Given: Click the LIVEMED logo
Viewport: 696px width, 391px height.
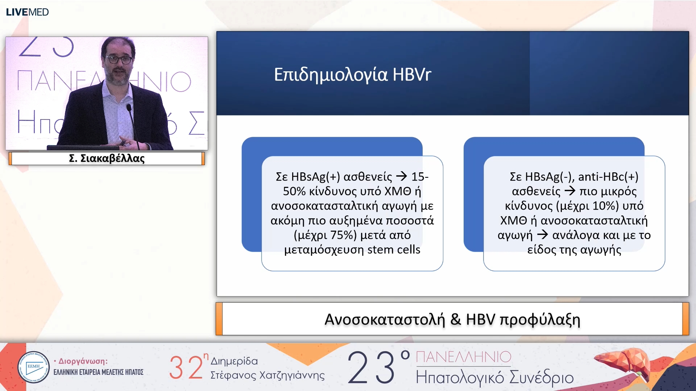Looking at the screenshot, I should click(27, 12).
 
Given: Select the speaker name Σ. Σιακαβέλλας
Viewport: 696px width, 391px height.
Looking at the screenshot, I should click(107, 158).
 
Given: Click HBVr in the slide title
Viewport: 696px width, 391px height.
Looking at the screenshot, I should click(412, 75).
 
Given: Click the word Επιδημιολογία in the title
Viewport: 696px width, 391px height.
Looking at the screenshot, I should click(331, 75).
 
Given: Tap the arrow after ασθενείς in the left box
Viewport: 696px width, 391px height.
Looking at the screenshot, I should click(401, 176).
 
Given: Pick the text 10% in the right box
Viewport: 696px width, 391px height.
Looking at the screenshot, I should click(605, 206).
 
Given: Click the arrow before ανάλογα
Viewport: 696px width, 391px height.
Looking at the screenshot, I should click(542, 235).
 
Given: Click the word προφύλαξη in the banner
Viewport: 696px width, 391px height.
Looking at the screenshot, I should click(540, 319).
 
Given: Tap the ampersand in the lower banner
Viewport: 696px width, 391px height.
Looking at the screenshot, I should click(455, 319).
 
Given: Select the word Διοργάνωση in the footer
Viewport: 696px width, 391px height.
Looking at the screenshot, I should click(83, 361).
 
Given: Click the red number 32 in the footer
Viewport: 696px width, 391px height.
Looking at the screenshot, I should click(186, 367).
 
